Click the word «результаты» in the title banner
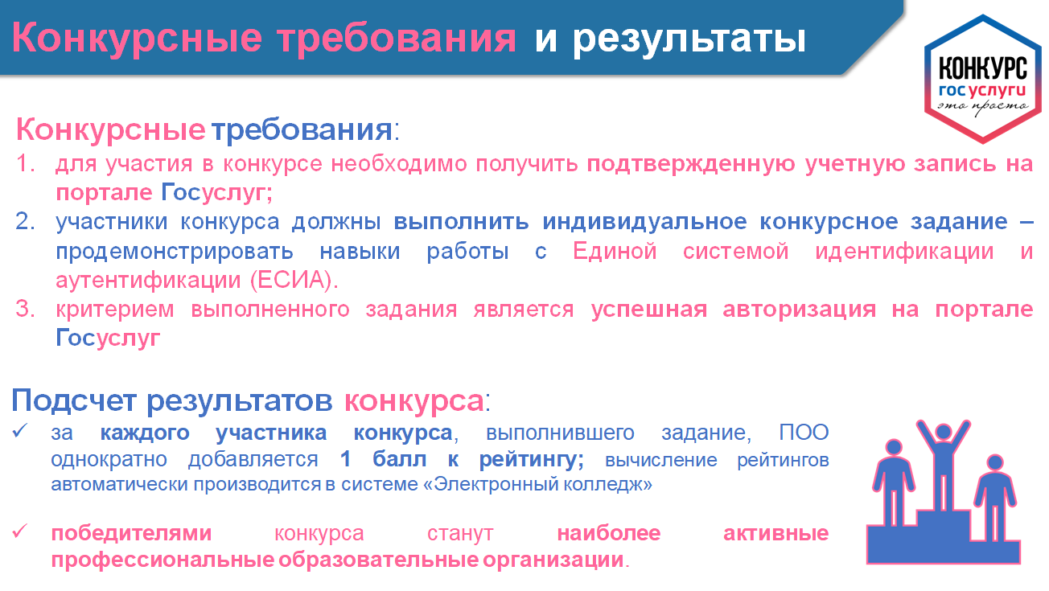(689, 39)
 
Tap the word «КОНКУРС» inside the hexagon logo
(983, 69)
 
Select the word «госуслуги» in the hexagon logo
(982, 91)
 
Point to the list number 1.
(25, 164)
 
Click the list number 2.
(25, 221)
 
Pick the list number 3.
(25, 309)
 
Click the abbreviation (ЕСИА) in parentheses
(294, 281)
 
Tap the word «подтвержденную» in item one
(691, 165)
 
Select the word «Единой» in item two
(615, 252)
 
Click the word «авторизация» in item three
(799, 310)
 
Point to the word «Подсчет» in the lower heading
(73, 400)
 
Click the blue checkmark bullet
(19, 430)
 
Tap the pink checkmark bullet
(19, 531)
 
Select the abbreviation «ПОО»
(804, 433)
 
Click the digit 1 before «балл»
(346, 459)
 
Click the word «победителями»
(132, 533)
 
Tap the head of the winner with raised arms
(943, 432)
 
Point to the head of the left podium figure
(894, 447)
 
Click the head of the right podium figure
(994, 463)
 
